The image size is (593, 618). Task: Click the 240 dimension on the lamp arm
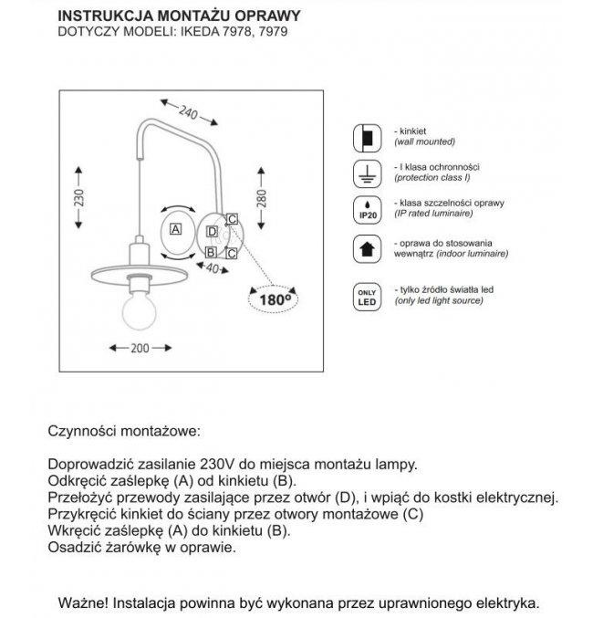(189, 114)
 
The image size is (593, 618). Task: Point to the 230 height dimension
(79, 198)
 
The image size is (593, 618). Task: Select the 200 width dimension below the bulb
(139, 348)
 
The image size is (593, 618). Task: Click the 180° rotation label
(274, 298)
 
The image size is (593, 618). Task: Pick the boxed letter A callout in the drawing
(176, 228)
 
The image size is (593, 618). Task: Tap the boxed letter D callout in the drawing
(211, 232)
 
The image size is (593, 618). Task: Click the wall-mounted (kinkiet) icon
(365, 138)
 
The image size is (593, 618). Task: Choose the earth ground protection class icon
(365, 173)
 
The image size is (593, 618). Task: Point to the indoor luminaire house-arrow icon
(365, 248)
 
